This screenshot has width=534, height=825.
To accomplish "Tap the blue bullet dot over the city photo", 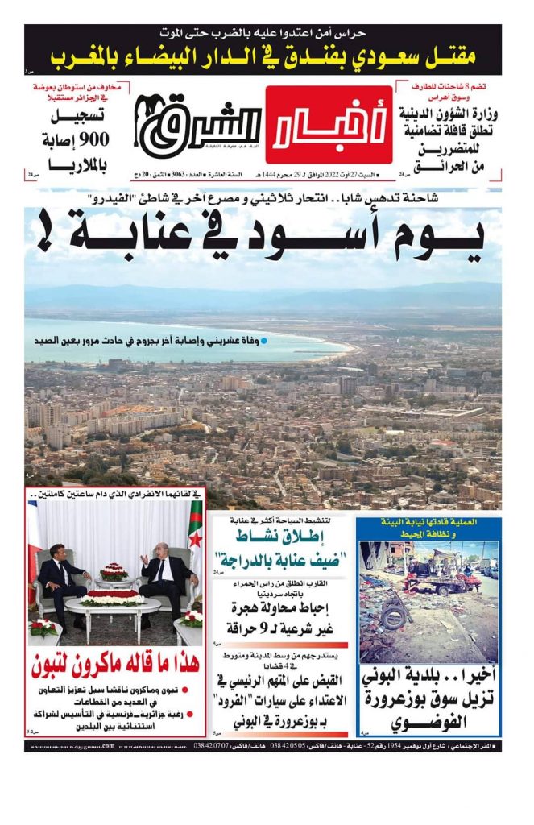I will point(263,341).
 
